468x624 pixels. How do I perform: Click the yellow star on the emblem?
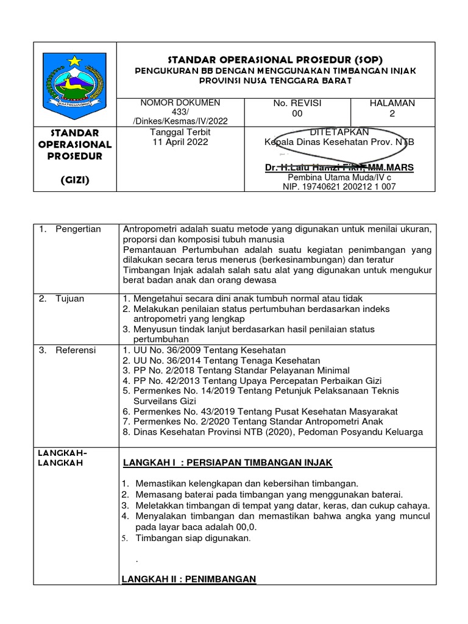click(x=74, y=62)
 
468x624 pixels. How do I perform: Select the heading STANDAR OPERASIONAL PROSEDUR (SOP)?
click(x=275, y=60)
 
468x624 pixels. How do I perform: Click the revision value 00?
click(x=297, y=114)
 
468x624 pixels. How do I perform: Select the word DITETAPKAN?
click(x=339, y=132)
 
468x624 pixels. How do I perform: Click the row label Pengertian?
click(x=78, y=229)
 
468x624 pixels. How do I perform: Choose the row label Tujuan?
click(x=70, y=299)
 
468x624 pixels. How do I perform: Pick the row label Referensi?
click(x=76, y=350)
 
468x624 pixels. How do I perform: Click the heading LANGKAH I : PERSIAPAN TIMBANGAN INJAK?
click(x=227, y=463)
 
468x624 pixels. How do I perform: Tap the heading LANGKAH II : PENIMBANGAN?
click(x=189, y=578)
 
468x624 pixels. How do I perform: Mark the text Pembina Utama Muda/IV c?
click(x=339, y=177)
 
